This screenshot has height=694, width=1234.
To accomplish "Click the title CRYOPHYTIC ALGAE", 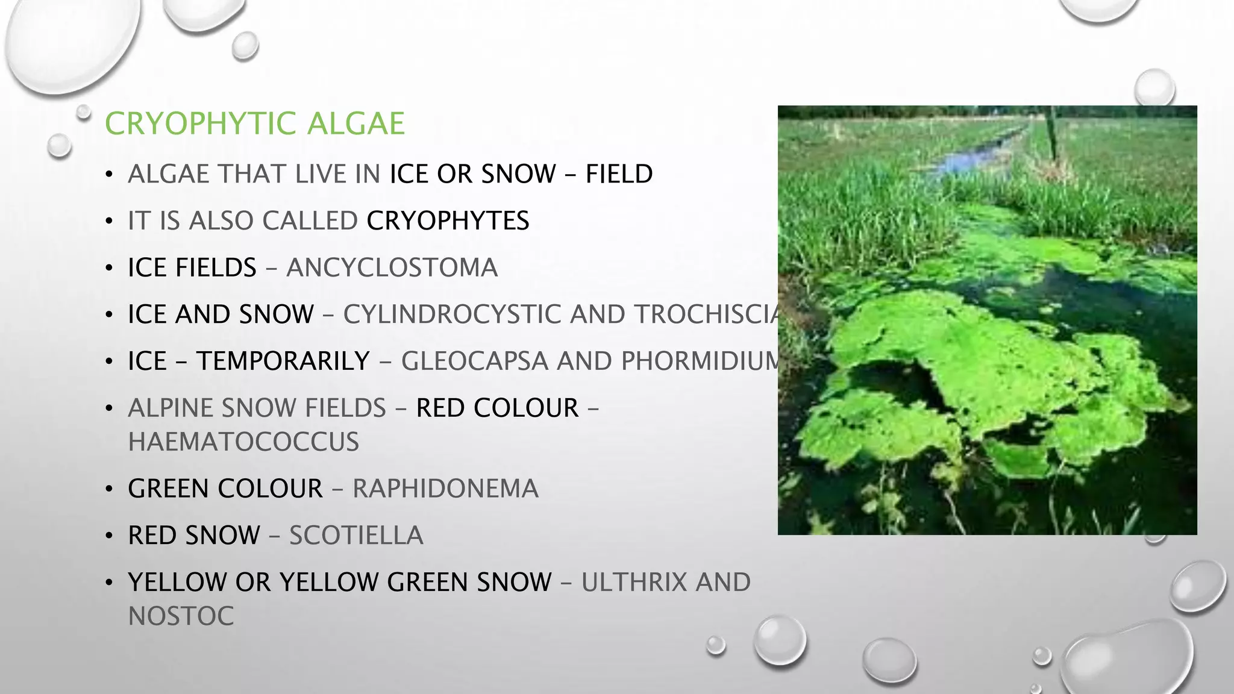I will coord(254,123).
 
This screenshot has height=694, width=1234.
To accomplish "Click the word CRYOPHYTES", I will coord(448,221).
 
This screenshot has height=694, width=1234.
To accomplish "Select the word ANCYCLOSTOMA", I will coord(392,268).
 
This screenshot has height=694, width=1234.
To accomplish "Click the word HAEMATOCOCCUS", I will coord(243,442).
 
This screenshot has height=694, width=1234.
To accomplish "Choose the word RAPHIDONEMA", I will coord(445,489).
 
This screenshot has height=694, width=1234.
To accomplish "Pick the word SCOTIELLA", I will coord(356,536).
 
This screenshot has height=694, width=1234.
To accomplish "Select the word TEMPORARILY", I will coord(283,361).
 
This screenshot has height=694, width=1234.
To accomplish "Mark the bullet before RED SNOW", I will coord(108,536).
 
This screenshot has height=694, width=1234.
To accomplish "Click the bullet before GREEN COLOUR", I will coord(108,489).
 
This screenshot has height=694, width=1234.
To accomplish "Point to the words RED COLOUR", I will coord(497,408).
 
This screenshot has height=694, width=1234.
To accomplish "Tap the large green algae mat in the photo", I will coord(988,361).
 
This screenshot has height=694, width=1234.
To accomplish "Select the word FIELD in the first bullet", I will coord(619,174).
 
